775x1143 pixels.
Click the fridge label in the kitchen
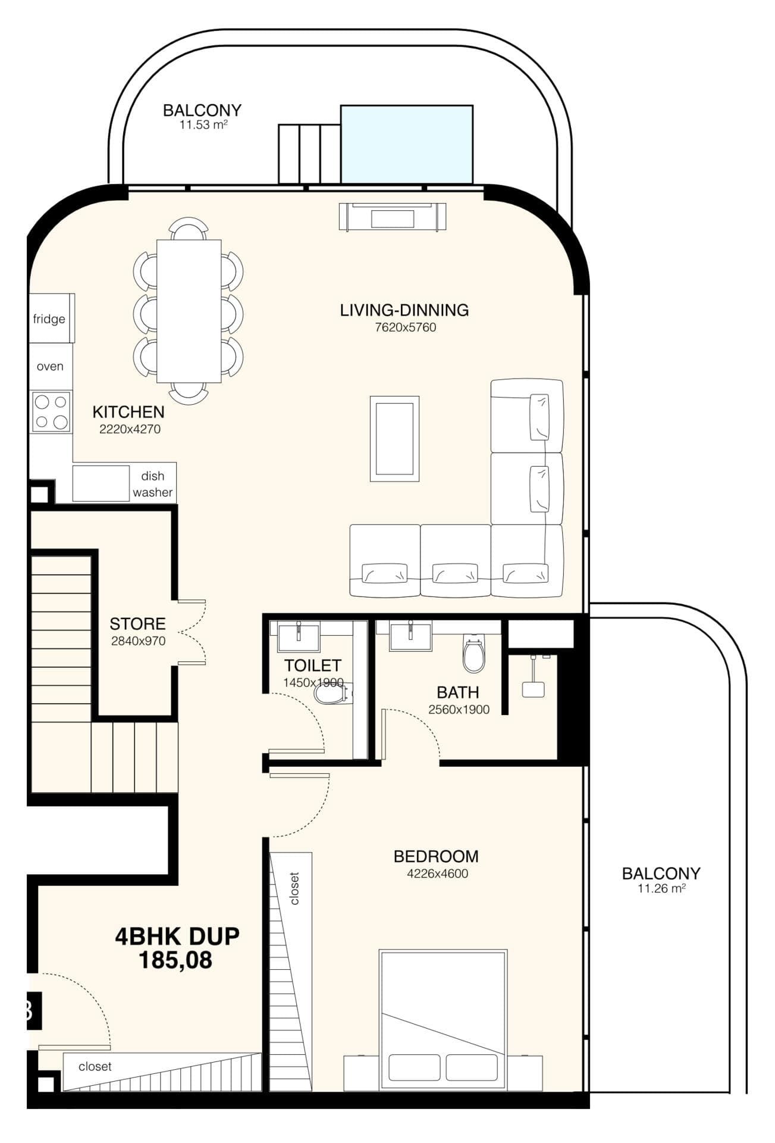49,319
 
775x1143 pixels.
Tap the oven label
50,366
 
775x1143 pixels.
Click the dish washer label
153,484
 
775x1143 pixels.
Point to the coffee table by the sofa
394,438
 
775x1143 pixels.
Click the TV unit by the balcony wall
392,217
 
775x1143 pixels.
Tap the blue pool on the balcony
407,145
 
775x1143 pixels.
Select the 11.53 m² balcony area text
203,125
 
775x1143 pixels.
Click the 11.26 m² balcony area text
661,889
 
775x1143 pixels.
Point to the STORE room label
137,624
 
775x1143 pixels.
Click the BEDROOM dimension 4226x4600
437,874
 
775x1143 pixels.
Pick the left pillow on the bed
414,1067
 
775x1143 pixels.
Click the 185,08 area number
175,960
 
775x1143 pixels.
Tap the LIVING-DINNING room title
404,310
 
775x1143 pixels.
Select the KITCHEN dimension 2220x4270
130,429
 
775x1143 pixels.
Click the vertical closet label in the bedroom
294,888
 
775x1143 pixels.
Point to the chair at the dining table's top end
189,229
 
